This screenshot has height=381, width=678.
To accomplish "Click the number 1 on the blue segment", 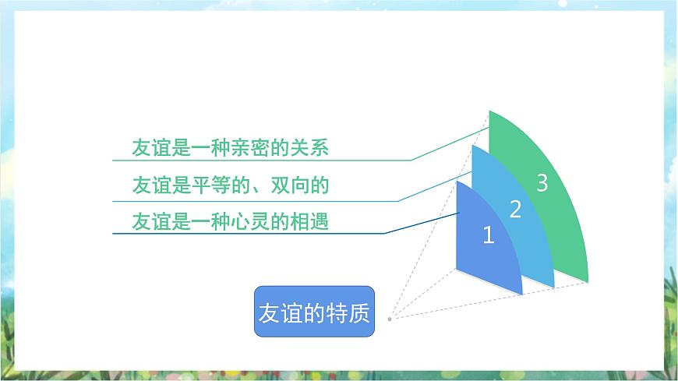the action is click(488, 235).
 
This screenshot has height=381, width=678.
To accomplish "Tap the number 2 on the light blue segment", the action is click(515, 209).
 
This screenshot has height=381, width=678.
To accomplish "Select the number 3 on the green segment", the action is click(542, 182).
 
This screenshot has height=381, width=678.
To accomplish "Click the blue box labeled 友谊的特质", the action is click(314, 312).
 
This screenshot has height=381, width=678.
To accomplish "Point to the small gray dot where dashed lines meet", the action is click(390, 319).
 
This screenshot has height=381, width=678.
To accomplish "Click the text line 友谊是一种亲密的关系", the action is click(231, 147).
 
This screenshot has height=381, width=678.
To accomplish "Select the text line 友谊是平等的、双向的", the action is click(231, 185).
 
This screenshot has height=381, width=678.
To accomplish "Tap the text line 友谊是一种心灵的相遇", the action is click(231, 221).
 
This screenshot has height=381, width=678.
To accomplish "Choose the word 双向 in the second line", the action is click(290, 185).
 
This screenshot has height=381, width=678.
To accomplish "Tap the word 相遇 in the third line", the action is click(309, 221).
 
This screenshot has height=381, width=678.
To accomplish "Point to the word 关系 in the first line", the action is click(309, 147).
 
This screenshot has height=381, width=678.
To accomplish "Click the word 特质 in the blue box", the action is click(348, 312).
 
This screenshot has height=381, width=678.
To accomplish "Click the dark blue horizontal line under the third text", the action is click(248, 234).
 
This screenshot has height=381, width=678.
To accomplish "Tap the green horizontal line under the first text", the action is click(262, 160).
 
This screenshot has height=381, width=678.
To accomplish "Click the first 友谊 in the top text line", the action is click(151, 147).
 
